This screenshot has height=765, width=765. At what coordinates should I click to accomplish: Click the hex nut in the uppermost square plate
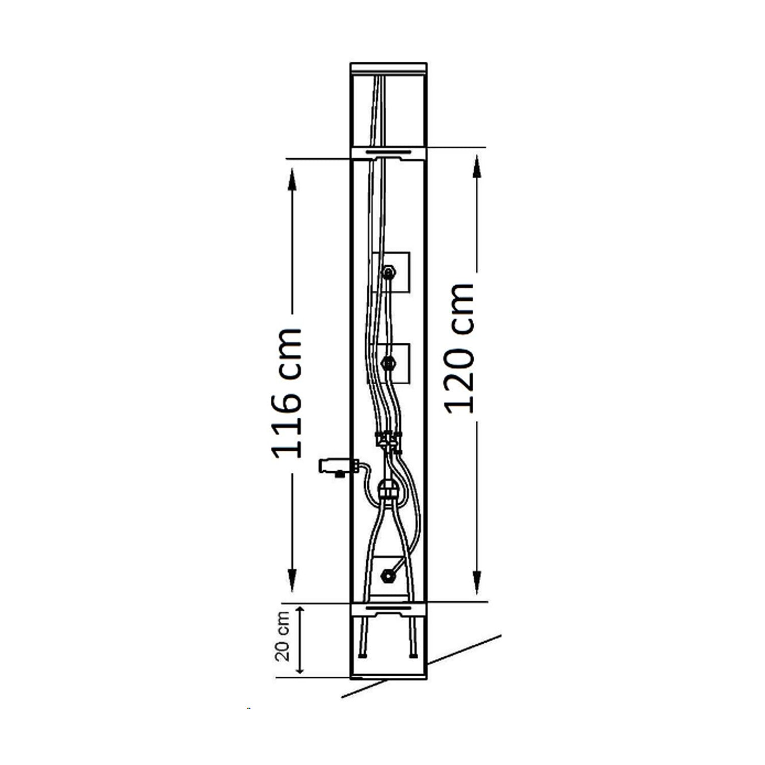point(389,272)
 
